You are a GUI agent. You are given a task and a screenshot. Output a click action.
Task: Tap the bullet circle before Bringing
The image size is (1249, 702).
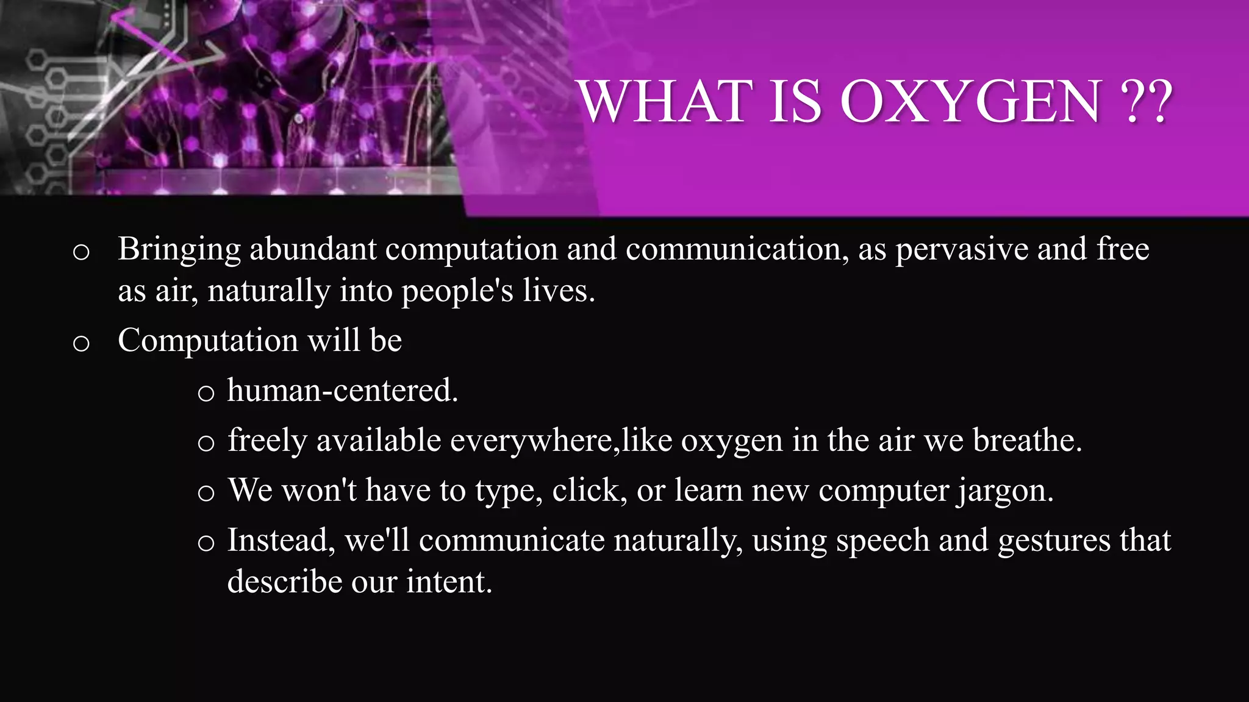(81, 252)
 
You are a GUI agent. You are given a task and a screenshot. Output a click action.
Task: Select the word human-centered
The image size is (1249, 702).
(342, 391)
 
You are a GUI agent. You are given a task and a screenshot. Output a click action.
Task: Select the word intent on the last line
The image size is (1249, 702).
(448, 581)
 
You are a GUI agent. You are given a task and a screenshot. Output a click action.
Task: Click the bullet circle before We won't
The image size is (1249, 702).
(206, 493)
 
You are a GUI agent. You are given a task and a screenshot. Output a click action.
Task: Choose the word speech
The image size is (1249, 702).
(882, 541)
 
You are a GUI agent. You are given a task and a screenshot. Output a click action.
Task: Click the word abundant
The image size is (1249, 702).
(313, 249)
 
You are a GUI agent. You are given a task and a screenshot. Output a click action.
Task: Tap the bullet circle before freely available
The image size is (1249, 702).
(206, 443)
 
